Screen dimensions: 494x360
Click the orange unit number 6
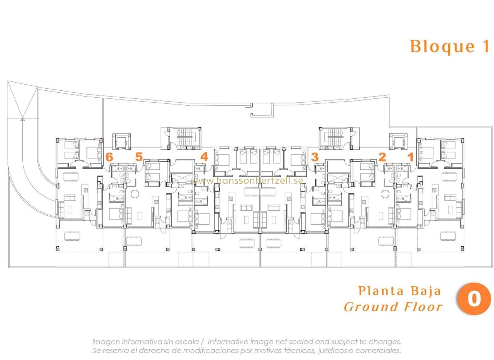pos(109,157)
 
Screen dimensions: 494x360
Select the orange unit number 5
pos(139,157)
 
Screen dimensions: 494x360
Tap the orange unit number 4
pos(204,157)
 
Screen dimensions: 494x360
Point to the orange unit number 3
pos(315,157)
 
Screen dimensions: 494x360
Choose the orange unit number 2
pos(382,157)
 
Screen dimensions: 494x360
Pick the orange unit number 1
pos(410,157)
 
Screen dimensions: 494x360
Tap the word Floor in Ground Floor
pos(424,307)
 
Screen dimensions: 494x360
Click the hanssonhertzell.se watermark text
pos(247,181)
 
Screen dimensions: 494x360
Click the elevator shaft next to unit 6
pos(122,141)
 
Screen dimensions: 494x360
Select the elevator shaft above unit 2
pos(398,141)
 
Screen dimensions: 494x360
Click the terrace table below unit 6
pos(72,236)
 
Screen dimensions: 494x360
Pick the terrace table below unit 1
pos(448,236)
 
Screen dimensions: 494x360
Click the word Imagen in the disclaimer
pos(106,342)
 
